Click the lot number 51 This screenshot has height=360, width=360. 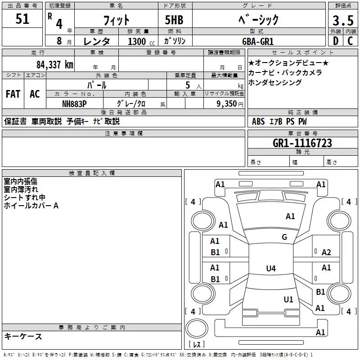tap(22, 19)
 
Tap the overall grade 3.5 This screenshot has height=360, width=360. tap(343, 21)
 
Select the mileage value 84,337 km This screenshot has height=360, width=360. tap(55, 65)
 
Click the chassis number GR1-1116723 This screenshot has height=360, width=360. tap(302, 143)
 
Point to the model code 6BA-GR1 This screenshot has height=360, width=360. tap(258, 41)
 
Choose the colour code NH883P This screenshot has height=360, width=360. tap(74, 104)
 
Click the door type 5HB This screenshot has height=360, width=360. tap(174, 20)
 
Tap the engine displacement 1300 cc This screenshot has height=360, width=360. tap(141, 41)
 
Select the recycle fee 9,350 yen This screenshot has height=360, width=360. tap(230, 104)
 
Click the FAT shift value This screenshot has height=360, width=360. tap(13, 94)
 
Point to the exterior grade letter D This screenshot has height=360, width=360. tap(336, 41)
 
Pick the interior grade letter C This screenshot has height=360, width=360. tap(350, 41)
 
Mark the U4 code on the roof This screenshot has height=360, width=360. tap(271, 268)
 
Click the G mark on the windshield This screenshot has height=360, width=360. tap(284, 237)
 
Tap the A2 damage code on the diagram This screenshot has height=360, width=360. tap(326, 252)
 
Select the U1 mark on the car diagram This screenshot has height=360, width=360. tap(288, 299)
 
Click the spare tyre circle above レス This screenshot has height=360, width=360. tap(197, 328)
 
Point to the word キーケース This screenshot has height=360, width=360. tap(23, 337)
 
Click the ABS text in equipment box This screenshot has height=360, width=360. tap(258, 121)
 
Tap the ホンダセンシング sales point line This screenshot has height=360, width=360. tap(275, 82)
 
